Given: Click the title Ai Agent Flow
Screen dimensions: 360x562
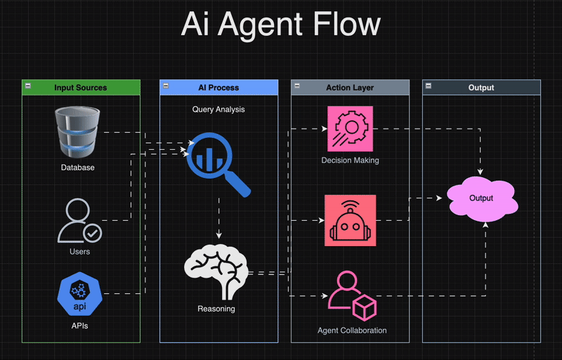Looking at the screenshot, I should click(281, 25).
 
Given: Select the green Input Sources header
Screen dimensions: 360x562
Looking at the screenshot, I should click(81, 88).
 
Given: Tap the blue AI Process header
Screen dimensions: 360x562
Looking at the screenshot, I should click(218, 88).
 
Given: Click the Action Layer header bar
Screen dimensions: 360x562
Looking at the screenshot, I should click(350, 88).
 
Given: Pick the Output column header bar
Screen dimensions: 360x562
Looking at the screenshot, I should click(481, 88).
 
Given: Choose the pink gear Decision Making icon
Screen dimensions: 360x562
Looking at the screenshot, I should click(350, 129).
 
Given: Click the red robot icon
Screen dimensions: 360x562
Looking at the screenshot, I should click(350, 221).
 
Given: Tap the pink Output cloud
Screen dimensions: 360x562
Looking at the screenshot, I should click(481, 198).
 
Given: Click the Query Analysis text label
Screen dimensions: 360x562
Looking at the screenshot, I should click(218, 110).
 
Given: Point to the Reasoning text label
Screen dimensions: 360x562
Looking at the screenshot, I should click(216, 309).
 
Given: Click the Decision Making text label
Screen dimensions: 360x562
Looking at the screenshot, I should click(350, 160).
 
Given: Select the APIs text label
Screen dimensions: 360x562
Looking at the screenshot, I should click(78, 326).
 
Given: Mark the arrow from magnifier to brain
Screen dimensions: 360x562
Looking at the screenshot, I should click(219, 218).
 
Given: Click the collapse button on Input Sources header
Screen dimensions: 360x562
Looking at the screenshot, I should click(27, 85).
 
